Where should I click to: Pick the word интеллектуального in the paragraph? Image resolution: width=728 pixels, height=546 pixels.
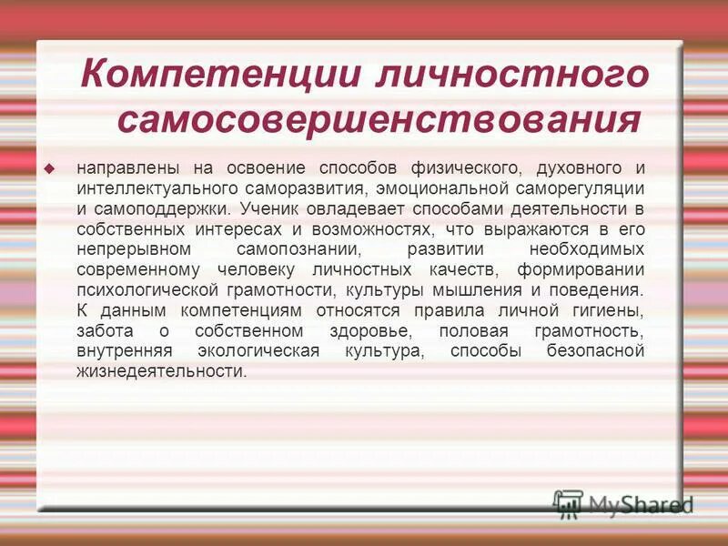[155, 188]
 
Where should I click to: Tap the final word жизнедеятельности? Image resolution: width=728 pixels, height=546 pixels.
[161, 371]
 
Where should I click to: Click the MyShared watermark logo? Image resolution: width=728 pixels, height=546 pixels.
[623, 503]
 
